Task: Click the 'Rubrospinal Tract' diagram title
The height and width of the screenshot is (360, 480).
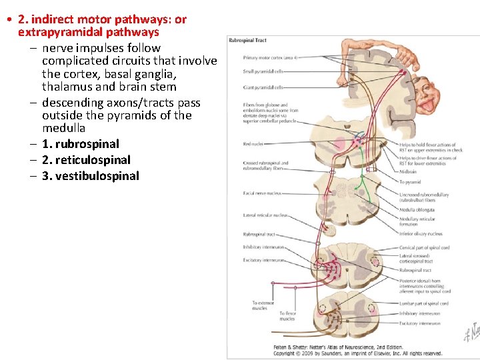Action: (248, 41)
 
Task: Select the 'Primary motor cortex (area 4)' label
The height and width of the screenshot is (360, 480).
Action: (270, 58)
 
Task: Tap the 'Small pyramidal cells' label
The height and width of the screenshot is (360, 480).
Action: (263, 71)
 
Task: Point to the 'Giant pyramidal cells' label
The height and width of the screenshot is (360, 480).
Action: (263, 87)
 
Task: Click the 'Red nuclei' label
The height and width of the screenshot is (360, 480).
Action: (253, 144)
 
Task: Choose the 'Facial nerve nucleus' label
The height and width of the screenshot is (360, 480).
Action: (262, 193)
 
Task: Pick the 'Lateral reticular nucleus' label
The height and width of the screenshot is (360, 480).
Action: (265, 215)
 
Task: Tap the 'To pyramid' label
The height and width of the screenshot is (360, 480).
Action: (409, 182)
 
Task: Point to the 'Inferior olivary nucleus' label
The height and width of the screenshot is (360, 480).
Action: (421, 234)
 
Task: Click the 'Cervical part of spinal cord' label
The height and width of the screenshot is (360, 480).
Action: (425, 248)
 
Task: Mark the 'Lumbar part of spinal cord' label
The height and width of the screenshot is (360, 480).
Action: (424, 303)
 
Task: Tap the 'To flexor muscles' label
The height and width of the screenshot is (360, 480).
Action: (287, 316)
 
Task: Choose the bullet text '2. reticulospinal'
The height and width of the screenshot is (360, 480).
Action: (86, 160)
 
